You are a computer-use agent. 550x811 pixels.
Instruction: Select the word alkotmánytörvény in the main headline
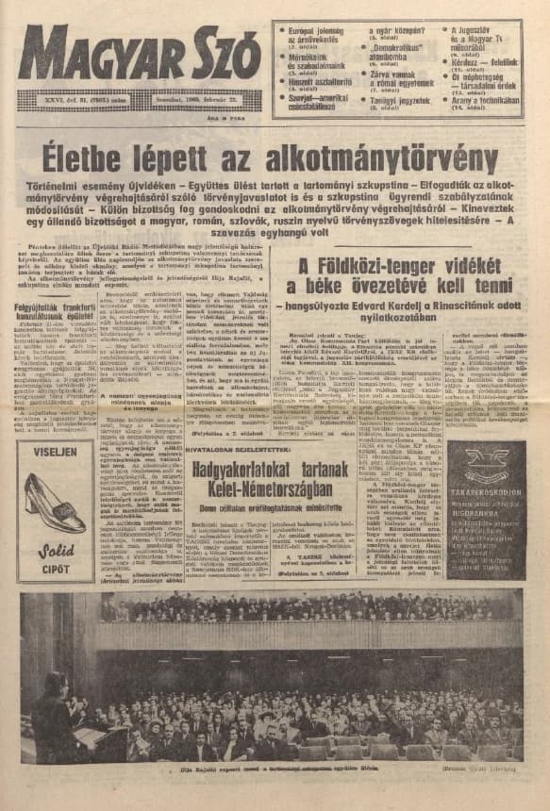click(378, 155)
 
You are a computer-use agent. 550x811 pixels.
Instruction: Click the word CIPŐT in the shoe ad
click(56, 569)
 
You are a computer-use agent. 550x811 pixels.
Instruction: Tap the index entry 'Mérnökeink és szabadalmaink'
click(315, 61)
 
